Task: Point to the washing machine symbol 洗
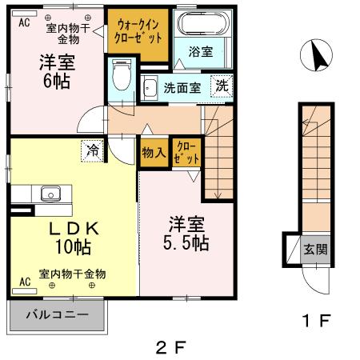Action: (221, 86)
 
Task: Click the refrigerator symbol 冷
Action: (94, 150)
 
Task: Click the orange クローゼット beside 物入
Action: (184, 152)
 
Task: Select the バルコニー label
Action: (56, 314)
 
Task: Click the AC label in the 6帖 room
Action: (23, 22)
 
